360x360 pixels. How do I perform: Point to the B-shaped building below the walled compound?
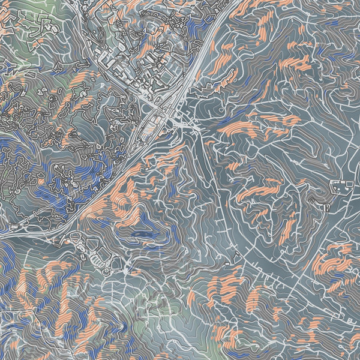(325, 207)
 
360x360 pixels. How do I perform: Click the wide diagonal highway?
(120, 174)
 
